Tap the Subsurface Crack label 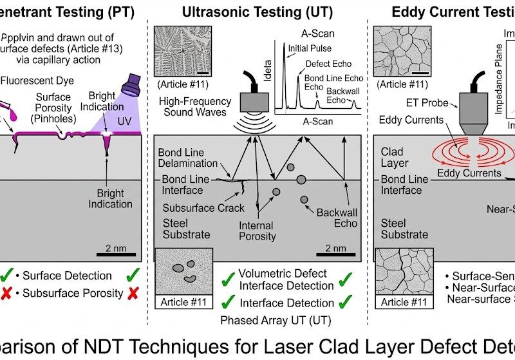coord(203,208)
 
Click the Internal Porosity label coord(257,231)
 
